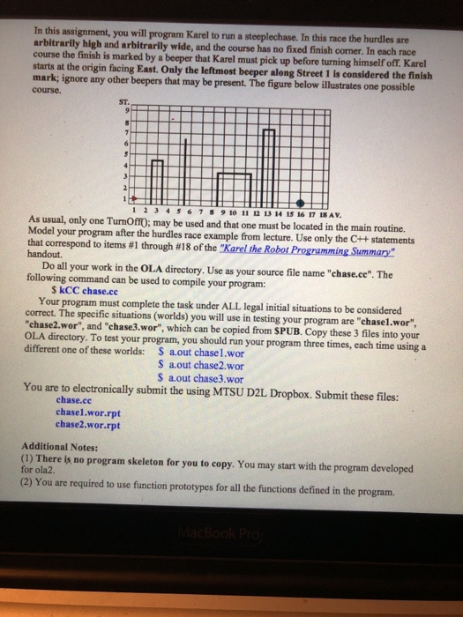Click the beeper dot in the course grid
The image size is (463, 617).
click(x=300, y=201)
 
